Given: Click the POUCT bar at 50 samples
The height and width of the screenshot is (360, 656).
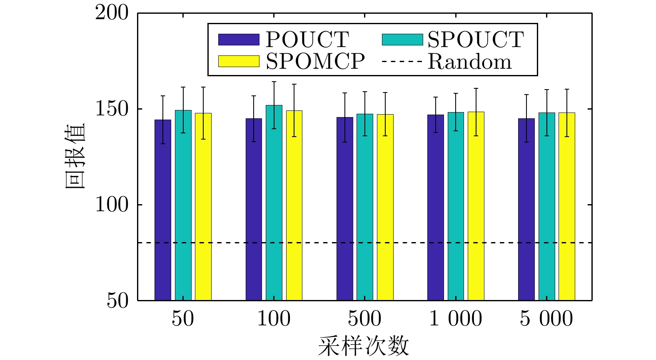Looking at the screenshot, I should coord(163,210).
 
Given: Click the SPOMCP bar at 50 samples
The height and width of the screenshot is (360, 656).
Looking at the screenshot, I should coord(203,207).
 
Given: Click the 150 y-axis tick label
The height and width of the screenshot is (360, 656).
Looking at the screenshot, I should coord(112,109).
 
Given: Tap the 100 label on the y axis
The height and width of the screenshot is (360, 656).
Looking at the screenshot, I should coord(112,205).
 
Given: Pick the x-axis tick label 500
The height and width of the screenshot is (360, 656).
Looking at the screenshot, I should coord(364,319).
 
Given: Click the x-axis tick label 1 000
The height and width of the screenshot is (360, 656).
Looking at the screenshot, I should coord(455,319).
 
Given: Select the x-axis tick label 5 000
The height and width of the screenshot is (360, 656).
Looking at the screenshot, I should coord(546,319).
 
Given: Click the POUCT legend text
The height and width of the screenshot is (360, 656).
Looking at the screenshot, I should coord(307,40).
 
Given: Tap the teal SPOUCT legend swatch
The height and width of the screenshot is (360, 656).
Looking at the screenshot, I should coord(402,40).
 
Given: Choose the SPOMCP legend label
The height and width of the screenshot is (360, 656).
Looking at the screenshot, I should coord(315,62).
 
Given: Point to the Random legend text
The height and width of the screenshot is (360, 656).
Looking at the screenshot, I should coord(469,62).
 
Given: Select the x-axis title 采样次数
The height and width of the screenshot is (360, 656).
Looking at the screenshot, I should coord(364,346).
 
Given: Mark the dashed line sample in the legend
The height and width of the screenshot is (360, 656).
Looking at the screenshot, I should coord(402,62).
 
